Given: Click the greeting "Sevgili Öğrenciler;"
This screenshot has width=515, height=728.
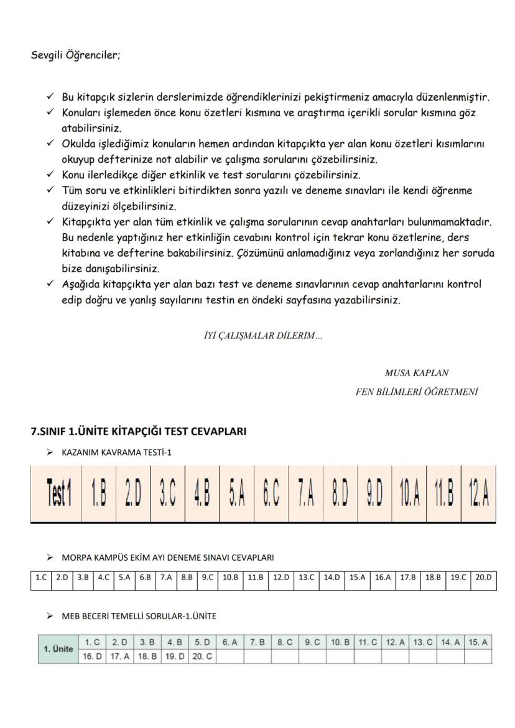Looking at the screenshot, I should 76,55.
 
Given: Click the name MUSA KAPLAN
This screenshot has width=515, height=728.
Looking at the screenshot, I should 417,373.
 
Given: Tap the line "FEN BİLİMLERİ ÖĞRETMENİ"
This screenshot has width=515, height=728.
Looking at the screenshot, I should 416,392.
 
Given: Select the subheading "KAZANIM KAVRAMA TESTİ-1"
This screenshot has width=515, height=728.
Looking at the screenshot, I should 116,452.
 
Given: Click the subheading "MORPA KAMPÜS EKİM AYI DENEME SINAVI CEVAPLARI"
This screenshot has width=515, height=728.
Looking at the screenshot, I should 168,557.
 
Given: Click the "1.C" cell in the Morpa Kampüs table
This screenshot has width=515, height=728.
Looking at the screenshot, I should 41,577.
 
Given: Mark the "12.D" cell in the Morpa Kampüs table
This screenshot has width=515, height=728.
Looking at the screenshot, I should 281,577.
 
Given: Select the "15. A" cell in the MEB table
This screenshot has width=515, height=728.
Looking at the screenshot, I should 478,642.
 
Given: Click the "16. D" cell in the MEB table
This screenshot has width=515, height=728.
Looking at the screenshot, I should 92,656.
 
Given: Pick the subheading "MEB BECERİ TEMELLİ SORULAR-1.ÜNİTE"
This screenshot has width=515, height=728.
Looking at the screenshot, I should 139,616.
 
